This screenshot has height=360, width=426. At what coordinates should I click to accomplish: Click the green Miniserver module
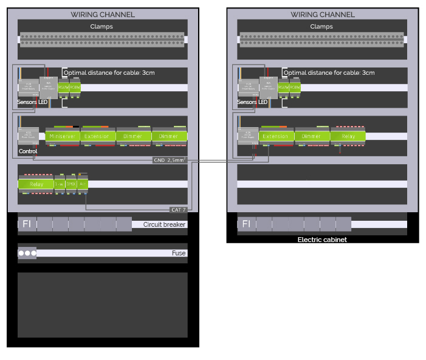coord(63,136)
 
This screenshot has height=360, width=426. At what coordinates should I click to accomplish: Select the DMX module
coord(70,183)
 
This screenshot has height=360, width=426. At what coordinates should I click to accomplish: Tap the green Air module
coord(82,183)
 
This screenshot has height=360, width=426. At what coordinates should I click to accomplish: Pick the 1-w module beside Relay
coord(59,183)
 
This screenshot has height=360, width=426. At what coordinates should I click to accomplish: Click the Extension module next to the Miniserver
coord(98,136)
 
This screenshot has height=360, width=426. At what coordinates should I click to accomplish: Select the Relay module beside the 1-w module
coord(36,183)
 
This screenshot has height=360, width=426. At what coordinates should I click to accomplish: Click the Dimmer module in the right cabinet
coord(312,136)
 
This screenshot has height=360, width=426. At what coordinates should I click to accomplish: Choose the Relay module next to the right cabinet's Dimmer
coord(348,136)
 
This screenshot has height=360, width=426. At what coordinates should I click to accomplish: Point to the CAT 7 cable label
coord(178,209)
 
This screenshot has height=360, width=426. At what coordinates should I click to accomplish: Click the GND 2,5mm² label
coord(169,160)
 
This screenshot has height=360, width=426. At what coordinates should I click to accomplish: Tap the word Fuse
coord(179,253)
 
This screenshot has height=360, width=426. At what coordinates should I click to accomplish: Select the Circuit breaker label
coord(164,224)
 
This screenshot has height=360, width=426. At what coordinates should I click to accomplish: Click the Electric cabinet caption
coord(321,240)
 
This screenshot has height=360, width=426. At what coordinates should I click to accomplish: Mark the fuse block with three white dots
coord(27,253)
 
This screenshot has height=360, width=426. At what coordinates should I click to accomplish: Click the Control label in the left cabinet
coord(28,151)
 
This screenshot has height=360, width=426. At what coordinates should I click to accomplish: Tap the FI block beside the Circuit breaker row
coord(27,224)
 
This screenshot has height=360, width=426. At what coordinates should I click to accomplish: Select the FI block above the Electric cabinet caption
coord(246,224)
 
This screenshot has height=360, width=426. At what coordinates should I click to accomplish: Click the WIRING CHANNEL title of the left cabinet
coord(103,15)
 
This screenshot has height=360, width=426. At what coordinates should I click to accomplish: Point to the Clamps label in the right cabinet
coord(321,26)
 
